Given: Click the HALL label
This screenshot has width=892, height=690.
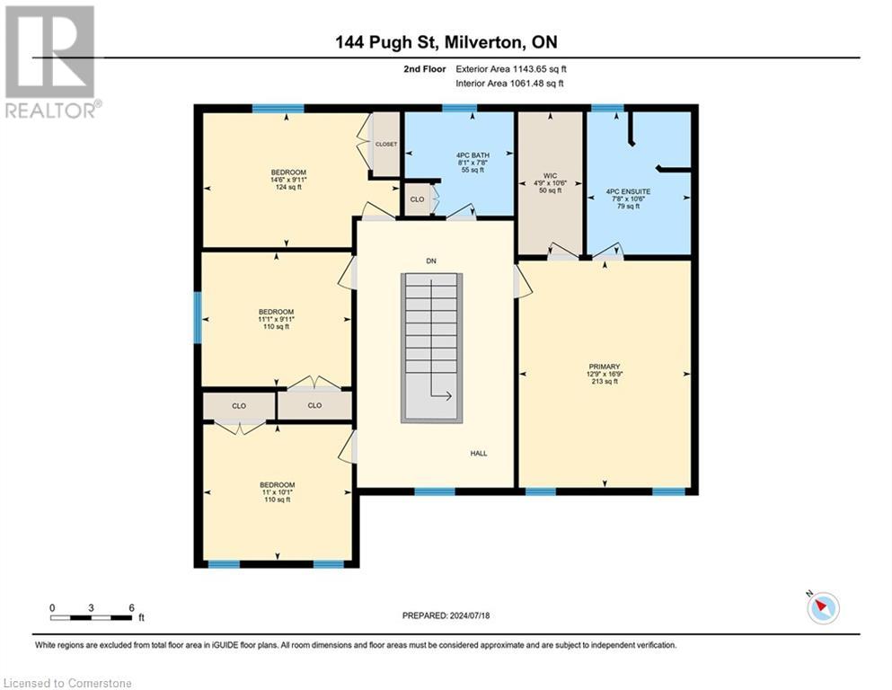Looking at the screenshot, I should pyautogui.click(x=479, y=454).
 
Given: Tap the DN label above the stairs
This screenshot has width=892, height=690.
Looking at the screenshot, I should pyautogui.click(x=431, y=261).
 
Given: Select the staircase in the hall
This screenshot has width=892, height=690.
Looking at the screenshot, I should pyautogui.click(x=430, y=346).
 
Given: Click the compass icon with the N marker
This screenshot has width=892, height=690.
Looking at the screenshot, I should pyautogui.click(x=823, y=608).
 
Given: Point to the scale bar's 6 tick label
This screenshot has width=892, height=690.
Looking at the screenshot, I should pyautogui.click(x=131, y=608).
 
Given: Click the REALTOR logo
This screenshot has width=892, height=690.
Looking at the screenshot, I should pyautogui.click(x=51, y=61).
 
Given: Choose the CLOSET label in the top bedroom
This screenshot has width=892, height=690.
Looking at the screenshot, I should pyautogui.click(x=386, y=144).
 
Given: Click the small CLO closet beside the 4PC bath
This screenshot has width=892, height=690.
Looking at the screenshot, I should pyautogui.click(x=417, y=199).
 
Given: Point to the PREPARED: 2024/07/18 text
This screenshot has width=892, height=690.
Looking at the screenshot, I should pyautogui.click(x=446, y=615).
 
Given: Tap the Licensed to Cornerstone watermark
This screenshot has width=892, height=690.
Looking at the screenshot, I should pyautogui.click(x=67, y=684).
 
